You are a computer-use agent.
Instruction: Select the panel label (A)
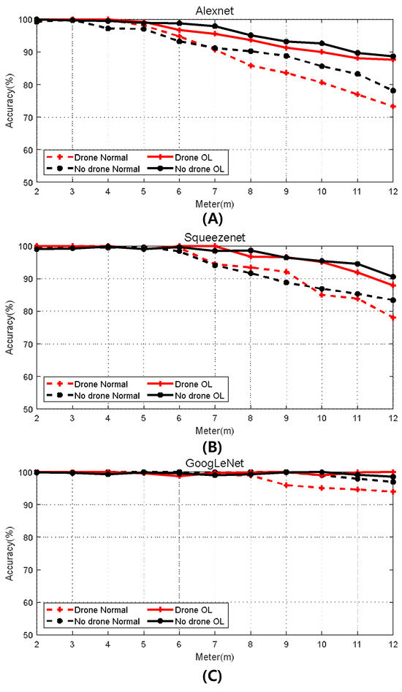[x=214, y=216]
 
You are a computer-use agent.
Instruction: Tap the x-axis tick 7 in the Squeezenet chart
[x=214, y=419]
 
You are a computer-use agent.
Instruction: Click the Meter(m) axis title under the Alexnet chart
[x=214, y=202]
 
